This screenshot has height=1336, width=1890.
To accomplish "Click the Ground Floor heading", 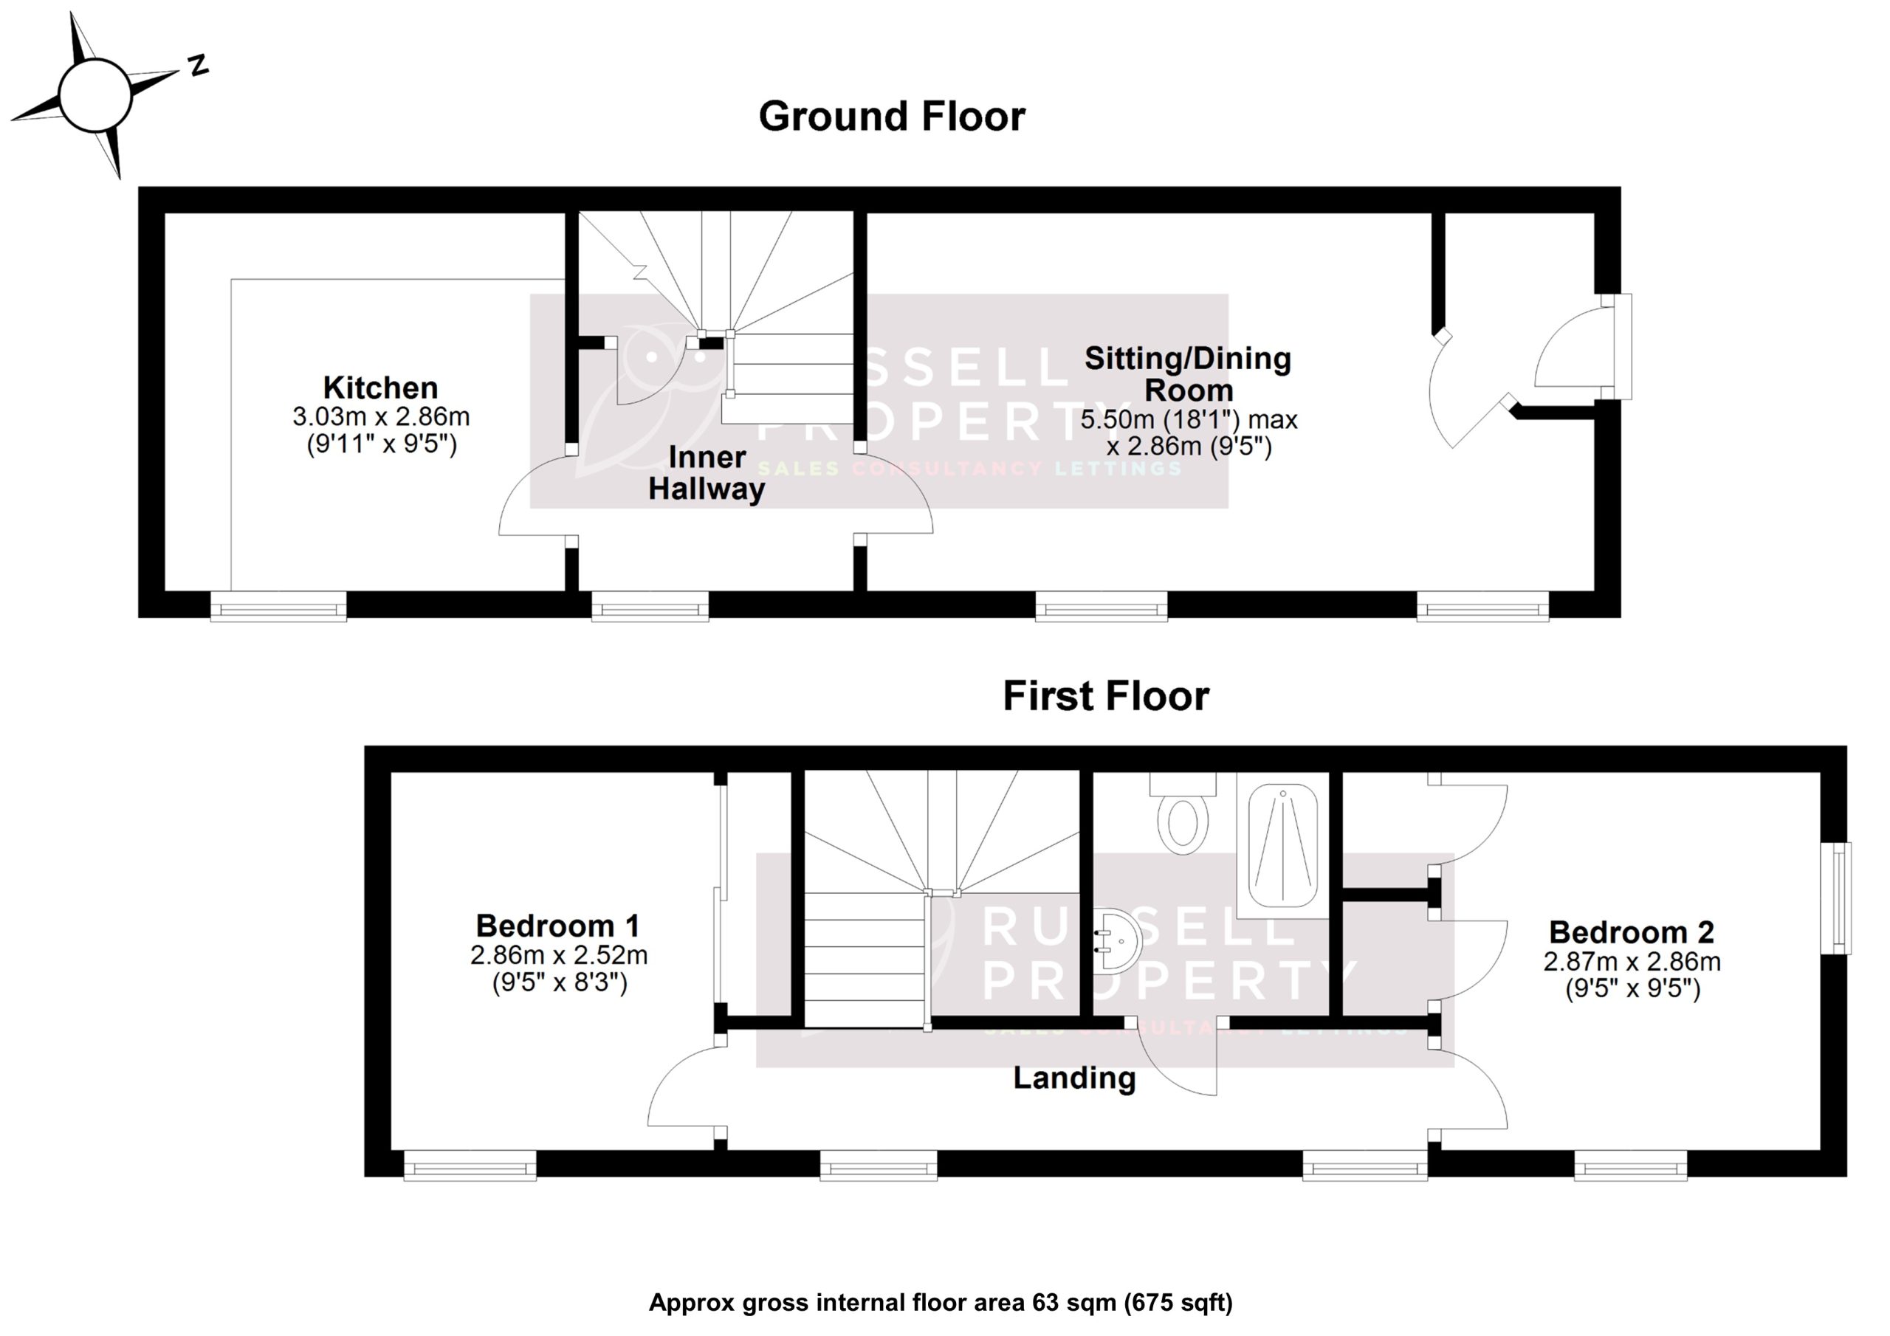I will pyautogui.click(x=892, y=117).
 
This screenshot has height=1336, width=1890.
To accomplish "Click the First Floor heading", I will pyautogui.click(x=1105, y=696).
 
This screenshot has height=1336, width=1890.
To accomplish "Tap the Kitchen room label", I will pyautogui.click(x=380, y=387).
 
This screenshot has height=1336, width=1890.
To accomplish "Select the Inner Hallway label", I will pyautogui.click(x=707, y=473).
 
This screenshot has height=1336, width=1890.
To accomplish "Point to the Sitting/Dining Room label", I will pyautogui.click(x=1188, y=373).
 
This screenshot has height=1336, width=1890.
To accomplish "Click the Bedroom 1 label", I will pyautogui.click(x=557, y=926).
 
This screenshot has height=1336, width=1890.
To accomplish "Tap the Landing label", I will pyautogui.click(x=1074, y=1078).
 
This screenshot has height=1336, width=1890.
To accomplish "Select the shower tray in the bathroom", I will pyautogui.click(x=1282, y=846).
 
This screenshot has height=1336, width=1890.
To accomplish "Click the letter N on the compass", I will pyautogui.click(x=198, y=66).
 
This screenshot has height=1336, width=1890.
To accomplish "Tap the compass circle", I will pyautogui.click(x=95, y=95).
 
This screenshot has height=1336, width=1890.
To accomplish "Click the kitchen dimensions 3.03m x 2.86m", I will pyautogui.click(x=381, y=416).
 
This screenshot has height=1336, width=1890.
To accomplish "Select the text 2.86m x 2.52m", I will pyautogui.click(x=559, y=956).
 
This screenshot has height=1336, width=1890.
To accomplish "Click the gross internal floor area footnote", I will pyautogui.click(x=941, y=1303).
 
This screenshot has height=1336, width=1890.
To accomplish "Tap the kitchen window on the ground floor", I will pyautogui.click(x=278, y=608).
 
